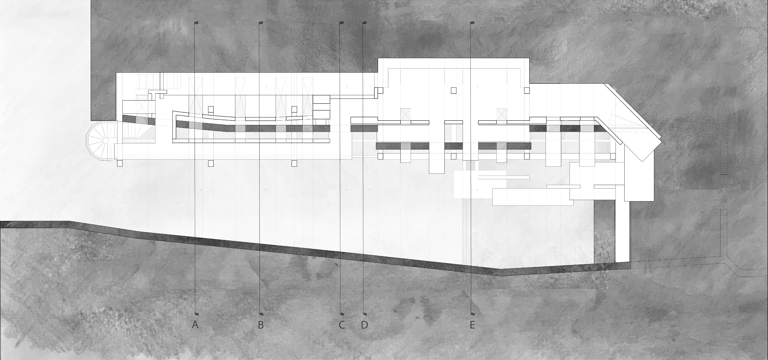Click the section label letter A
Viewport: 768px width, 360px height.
[x=195, y=325]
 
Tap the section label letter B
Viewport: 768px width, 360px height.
[x=261, y=325]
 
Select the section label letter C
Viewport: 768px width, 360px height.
[x=342, y=325]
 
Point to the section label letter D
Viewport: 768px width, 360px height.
[x=364, y=325]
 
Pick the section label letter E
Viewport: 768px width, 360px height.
[x=472, y=325]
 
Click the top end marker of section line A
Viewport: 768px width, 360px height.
[x=196, y=23]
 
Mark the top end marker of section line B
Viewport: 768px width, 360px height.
[x=261, y=23]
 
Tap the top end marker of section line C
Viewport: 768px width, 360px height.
[x=342, y=23]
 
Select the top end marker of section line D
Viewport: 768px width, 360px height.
[x=364, y=23]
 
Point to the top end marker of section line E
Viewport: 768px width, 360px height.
[x=472, y=23]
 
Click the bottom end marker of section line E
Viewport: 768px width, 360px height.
[x=472, y=314]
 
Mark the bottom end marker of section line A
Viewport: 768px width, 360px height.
[x=196, y=314]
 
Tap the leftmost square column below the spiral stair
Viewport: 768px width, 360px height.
[x=120, y=163]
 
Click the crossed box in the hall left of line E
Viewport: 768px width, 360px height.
[x=405, y=114]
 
